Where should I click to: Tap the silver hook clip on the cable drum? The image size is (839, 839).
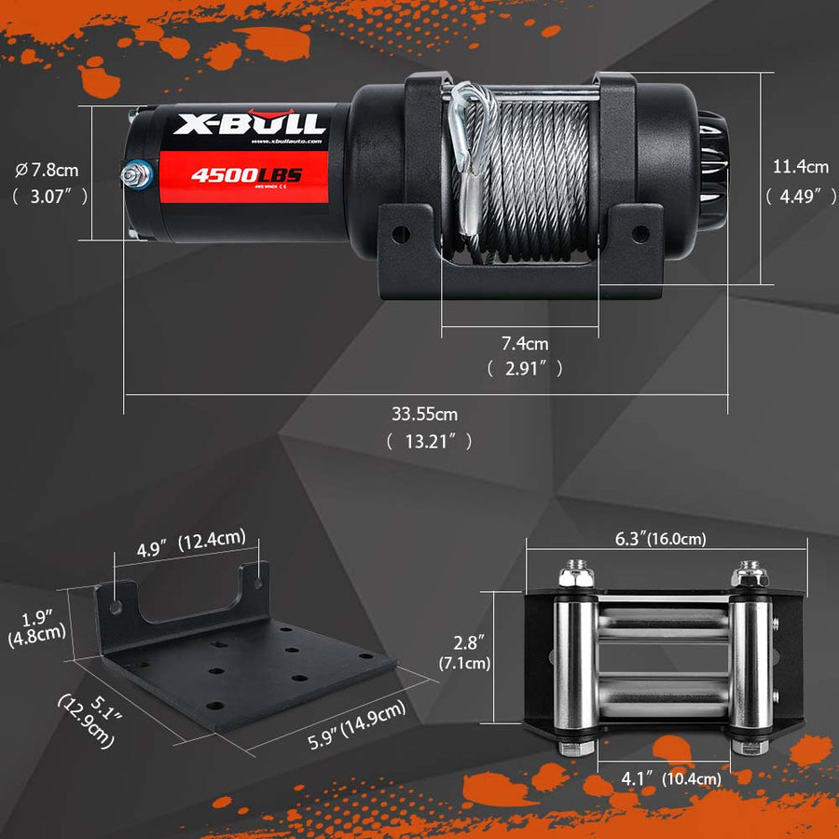point(462,135)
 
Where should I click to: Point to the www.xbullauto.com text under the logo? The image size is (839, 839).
point(286,142)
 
